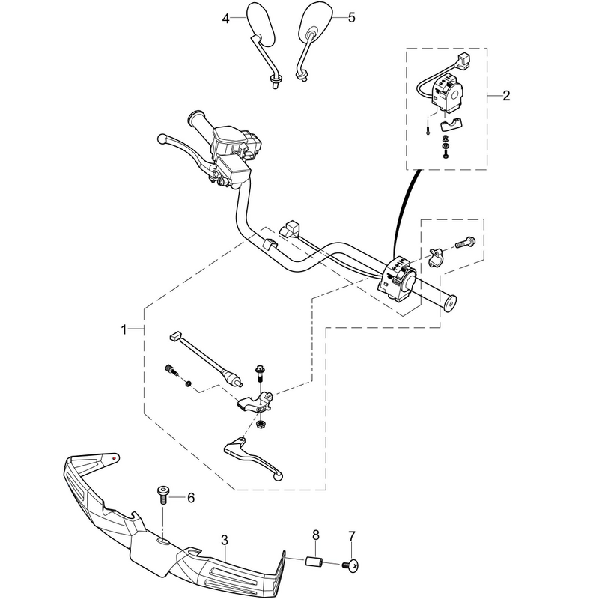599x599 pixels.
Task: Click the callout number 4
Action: pos(226,18)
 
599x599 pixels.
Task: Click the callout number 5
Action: pos(351,17)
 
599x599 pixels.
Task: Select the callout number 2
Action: pos(506,96)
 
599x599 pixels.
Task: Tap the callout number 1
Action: pos(124,329)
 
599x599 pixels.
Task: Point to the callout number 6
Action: pos(191,498)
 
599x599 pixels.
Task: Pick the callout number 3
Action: pos(225,540)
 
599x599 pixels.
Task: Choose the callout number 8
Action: pos(316,535)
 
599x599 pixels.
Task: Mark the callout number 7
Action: pos(351,536)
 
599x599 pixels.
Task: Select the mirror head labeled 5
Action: pos(315,22)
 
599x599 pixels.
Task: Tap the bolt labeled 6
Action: pos(163,496)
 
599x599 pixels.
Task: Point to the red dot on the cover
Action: pos(115,457)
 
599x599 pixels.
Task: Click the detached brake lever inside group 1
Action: pos(254,457)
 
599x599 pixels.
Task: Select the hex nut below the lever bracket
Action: pos(261,423)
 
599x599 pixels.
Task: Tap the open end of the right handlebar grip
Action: pos(450,304)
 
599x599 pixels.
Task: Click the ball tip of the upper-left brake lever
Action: pos(162,139)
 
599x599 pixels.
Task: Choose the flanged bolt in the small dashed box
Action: pos(465,242)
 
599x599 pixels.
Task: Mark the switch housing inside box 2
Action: pos(449,92)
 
